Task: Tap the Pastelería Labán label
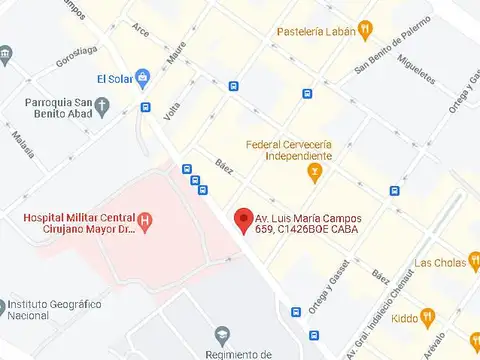(x=316, y=31)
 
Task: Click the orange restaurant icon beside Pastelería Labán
(x=366, y=30)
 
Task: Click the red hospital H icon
(x=146, y=219)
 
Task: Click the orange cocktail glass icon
(x=316, y=174)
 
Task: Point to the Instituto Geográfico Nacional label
(x=50, y=309)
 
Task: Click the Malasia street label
(x=23, y=145)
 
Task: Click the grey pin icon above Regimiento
(x=223, y=334)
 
